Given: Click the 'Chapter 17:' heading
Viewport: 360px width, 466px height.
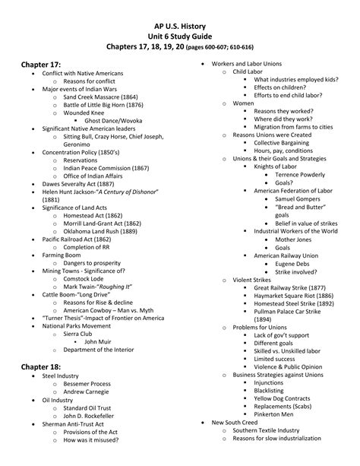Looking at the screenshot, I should coord(44,65).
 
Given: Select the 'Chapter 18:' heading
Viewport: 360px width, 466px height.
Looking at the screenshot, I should coord(44,366).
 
